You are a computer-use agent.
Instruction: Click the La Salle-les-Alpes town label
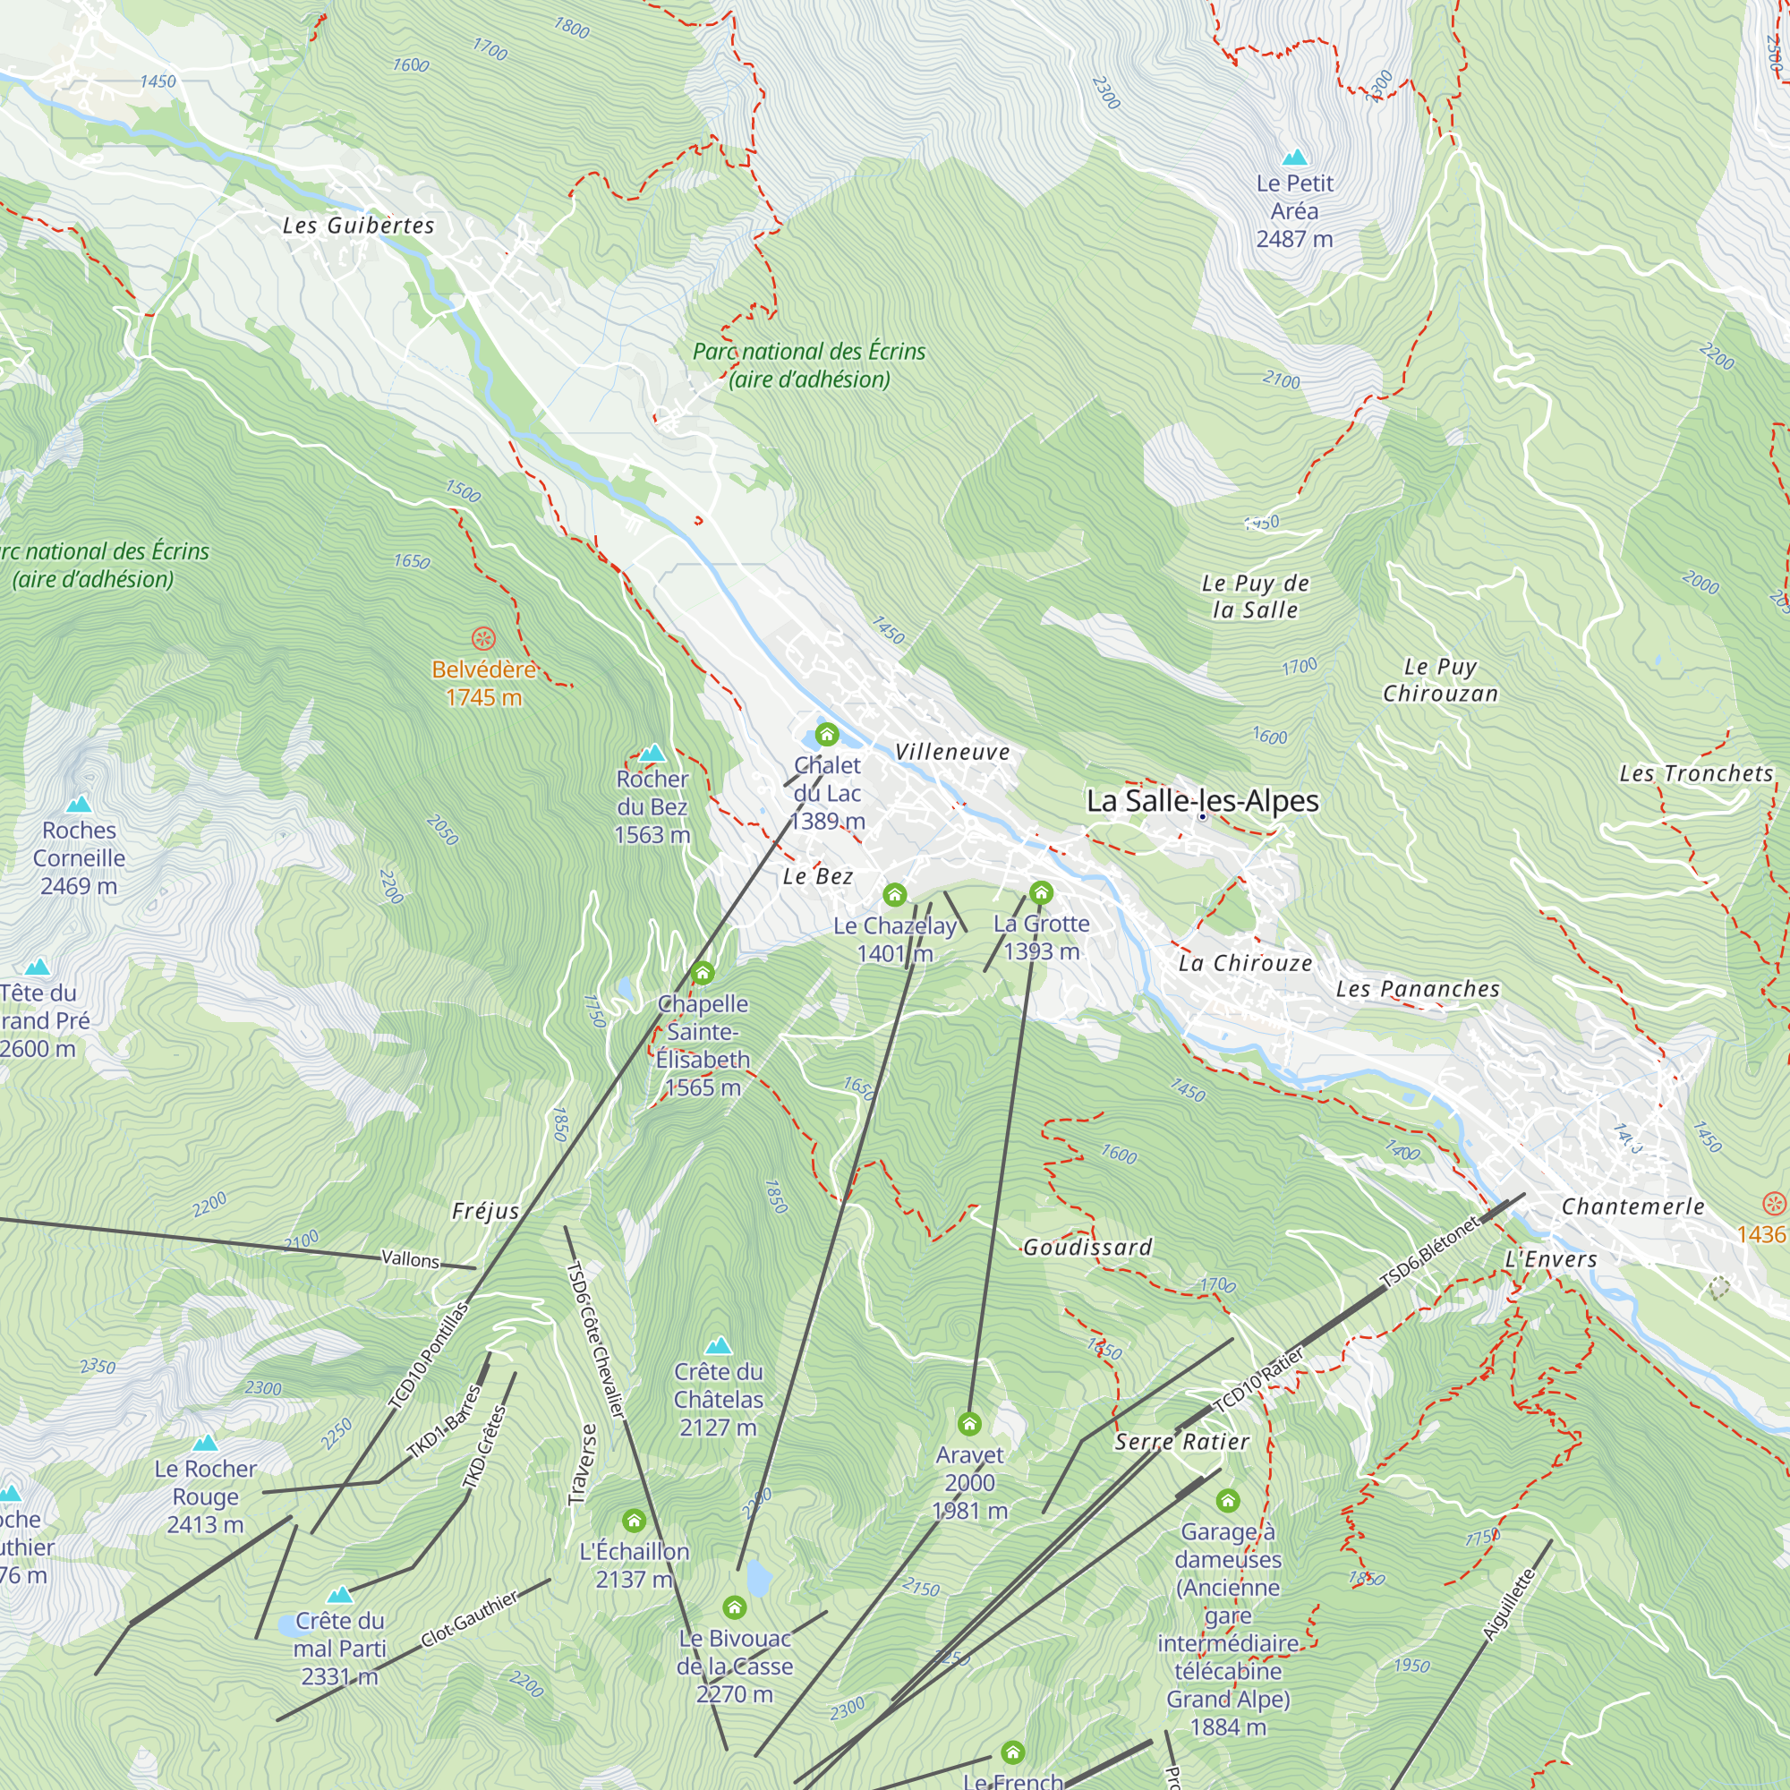[x=1202, y=800]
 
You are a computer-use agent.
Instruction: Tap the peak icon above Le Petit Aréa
[x=1294, y=157]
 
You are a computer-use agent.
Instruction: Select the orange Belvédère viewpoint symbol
[x=483, y=638]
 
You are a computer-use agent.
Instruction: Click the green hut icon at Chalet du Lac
[x=826, y=735]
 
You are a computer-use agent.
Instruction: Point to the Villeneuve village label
[x=951, y=753]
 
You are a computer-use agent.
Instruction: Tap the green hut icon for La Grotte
[x=1041, y=892]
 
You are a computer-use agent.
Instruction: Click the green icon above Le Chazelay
[x=894, y=894]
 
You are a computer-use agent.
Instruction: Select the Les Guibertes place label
[x=359, y=226]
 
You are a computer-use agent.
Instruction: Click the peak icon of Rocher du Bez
[x=652, y=752]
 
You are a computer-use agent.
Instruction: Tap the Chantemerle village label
[x=1632, y=1206]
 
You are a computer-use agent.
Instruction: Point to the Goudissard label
[x=1087, y=1247]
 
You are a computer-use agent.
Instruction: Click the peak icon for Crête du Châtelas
[x=718, y=1344]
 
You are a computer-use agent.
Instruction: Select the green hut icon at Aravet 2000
[x=969, y=1422]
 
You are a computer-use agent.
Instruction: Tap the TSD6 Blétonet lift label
[x=1430, y=1253]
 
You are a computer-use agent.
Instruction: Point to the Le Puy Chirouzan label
[x=1440, y=680]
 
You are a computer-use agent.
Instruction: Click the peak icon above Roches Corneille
[x=79, y=804]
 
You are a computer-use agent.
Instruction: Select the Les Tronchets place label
[x=1695, y=773]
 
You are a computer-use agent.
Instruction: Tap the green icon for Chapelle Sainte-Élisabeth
[x=703, y=972]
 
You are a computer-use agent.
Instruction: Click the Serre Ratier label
[x=1181, y=1442]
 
